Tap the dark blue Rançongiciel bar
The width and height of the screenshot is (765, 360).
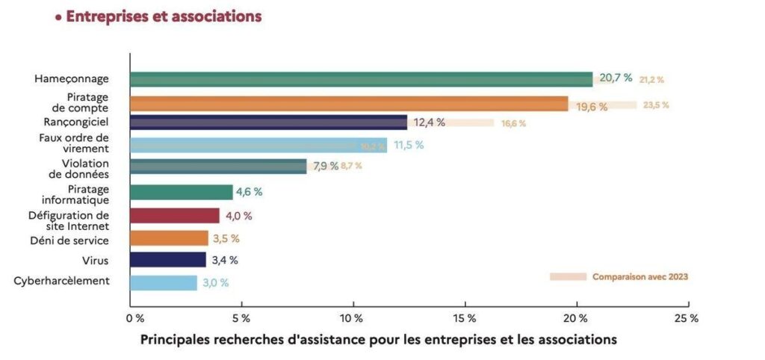pos(268,122)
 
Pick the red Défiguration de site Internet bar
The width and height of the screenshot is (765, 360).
pos(175,216)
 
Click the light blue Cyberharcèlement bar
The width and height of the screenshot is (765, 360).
pos(164,283)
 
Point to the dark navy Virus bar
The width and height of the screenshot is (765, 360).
pos(168,260)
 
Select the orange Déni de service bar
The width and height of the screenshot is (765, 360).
pos(169,238)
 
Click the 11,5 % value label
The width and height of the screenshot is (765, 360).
pos(409,145)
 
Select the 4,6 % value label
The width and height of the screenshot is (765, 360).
pos(249,192)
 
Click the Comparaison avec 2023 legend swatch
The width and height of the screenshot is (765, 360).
pos(568,276)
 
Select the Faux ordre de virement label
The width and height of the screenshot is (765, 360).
pos(73,143)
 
